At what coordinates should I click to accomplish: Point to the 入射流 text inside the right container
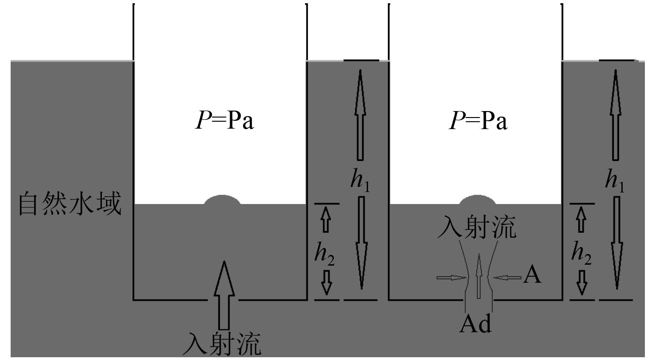point(477,227)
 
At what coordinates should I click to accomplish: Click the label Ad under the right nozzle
point(475,324)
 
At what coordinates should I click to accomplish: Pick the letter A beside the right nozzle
point(532,277)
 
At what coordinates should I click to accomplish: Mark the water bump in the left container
point(222,200)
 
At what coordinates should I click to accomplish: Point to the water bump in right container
point(477,200)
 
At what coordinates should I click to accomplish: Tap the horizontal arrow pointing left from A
point(507,278)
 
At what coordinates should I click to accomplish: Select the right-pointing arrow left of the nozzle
point(452,278)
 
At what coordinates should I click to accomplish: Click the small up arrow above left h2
point(326,219)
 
